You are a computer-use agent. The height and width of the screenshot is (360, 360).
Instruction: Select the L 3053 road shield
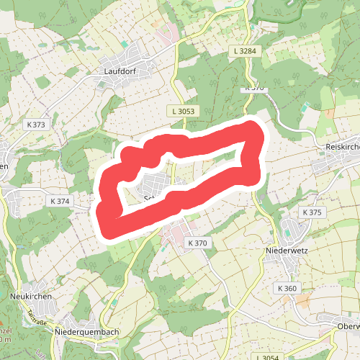(184, 111)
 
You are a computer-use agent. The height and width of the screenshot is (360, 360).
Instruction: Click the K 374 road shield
(59, 201)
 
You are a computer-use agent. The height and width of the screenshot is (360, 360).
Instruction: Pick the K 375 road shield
(312, 212)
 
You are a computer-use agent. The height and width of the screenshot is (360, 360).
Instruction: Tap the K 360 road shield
(287, 288)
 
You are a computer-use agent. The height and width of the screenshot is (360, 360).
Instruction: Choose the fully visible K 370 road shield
(197, 243)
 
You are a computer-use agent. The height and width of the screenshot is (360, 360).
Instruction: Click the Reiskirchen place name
(342, 146)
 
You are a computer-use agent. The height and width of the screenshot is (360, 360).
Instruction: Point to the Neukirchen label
(29, 296)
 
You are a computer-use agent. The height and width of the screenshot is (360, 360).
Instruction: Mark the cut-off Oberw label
(348, 325)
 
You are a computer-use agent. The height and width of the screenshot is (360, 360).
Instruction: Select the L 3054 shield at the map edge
(266, 357)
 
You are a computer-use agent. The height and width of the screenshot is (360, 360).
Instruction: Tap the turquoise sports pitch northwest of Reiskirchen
(308, 107)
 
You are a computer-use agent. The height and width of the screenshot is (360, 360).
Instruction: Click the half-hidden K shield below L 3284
(255, 88)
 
